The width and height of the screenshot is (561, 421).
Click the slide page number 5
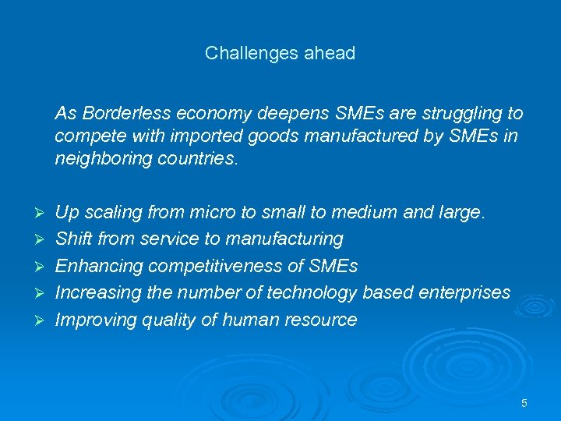click(x=524, y=403)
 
